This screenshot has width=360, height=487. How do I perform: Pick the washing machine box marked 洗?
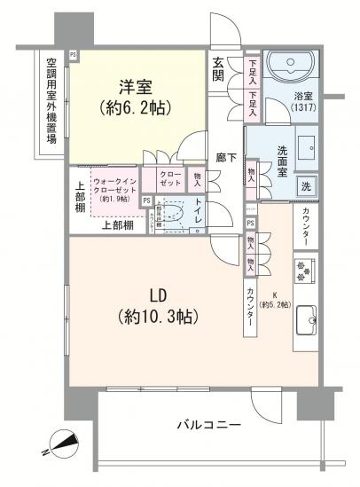coord(304,187)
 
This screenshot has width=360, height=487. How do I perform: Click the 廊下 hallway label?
coord(226,157)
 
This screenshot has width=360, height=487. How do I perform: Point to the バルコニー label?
coord(207,426)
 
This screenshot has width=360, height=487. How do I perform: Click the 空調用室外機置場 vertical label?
coord(51,100)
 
